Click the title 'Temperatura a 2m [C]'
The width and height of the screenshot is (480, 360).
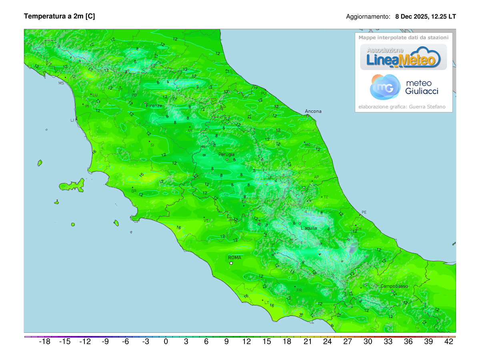click(59, 16)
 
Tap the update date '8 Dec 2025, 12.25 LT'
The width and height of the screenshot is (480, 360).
click(425, 17)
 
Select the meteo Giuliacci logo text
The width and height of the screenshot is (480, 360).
click(422, 87)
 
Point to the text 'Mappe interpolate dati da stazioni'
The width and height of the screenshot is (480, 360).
click(404, 37)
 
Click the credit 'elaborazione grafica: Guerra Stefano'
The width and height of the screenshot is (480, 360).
click(402, 107)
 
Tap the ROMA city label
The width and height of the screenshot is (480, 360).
click(235, 258)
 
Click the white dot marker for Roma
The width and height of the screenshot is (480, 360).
click(231, 263)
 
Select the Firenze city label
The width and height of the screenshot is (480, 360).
click(154, 106)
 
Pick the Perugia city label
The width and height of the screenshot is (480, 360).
click(226, 154)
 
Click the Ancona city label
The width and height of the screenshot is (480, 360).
click(313, 111)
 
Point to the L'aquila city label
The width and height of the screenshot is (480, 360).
click(309, 228)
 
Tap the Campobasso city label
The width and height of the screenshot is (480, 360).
click(394, 286)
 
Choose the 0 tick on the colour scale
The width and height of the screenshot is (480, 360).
click(166, 342)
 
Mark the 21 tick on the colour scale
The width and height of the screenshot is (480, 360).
click(307, 342)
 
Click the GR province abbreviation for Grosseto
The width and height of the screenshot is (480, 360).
click(134, 191)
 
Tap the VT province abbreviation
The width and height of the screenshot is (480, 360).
click(206, 221)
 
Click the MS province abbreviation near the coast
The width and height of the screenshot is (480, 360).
click(61, 83)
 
